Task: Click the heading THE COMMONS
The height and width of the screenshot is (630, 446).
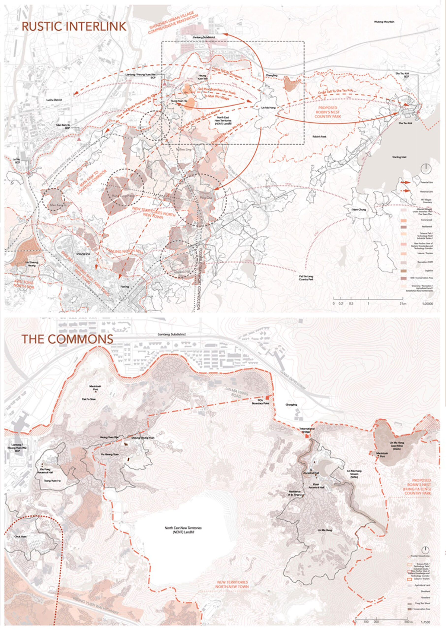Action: pos(67,339)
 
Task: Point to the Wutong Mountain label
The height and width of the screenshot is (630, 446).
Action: pos(384,22)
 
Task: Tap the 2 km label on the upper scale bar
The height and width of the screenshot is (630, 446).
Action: pos(403,304)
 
